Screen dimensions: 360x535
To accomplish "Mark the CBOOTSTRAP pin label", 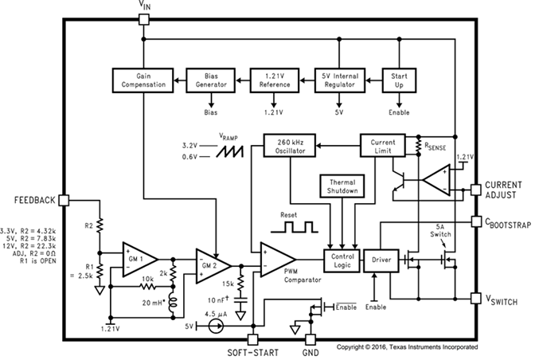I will tap(506, 226).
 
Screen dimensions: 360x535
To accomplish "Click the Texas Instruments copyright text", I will tap(407, 347).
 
